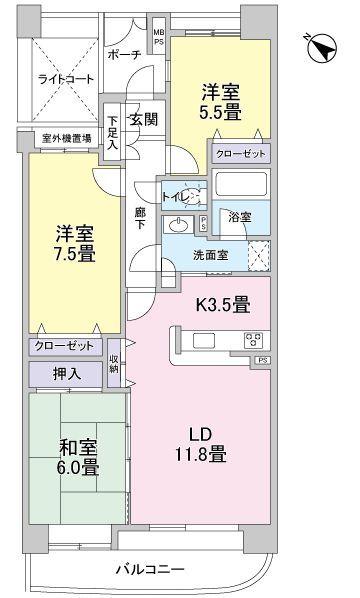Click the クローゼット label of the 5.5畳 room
coord(238,156)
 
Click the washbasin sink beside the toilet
coord(181,223)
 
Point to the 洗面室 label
coord(210,255)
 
